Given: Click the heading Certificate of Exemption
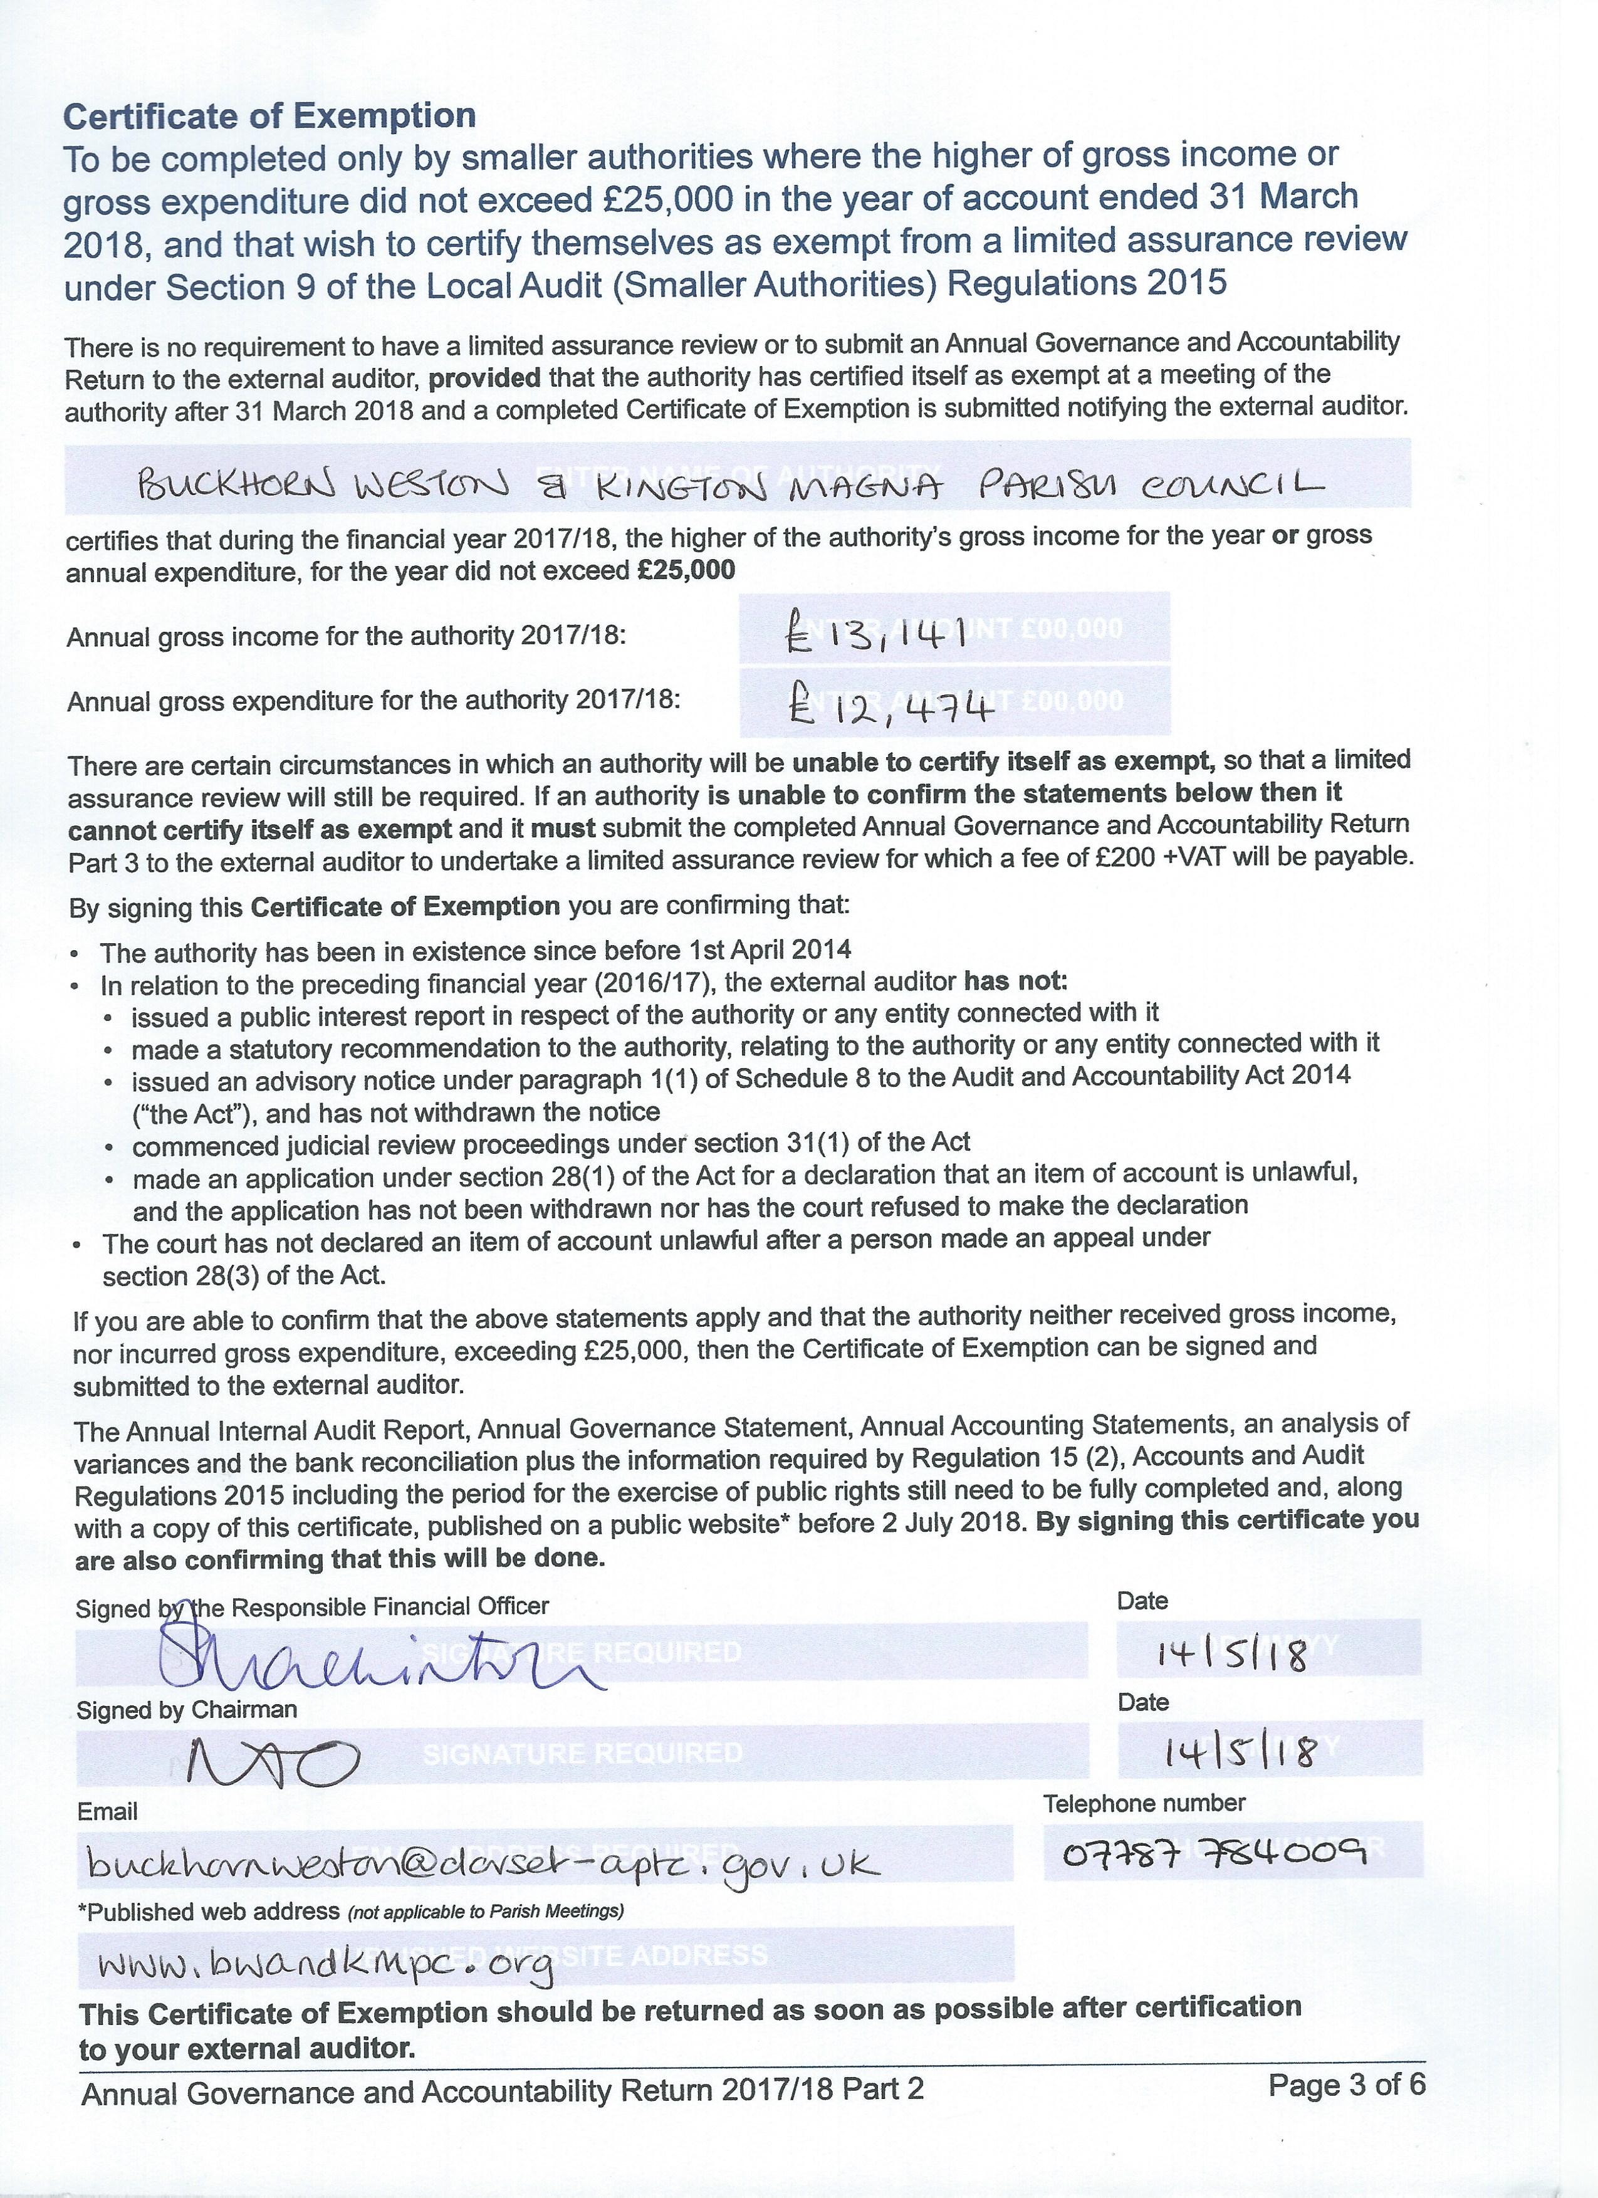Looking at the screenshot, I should coord(269,117).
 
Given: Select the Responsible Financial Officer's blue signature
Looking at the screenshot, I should coord(378,1658).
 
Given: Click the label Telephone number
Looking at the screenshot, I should coord(1144,1803).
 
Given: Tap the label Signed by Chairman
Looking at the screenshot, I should coord(186,1710).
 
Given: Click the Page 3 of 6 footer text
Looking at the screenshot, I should coord(1346,2084).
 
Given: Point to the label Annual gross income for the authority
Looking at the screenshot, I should coord(346,637).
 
